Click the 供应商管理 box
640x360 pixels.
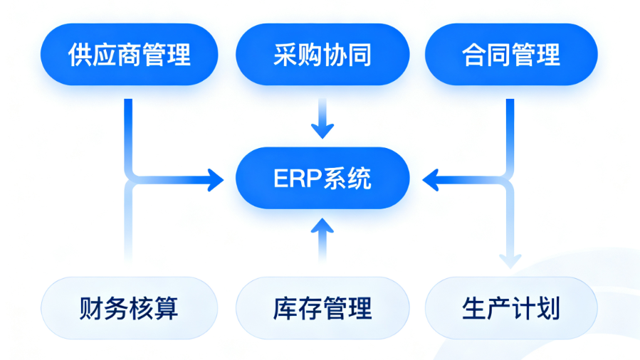(129, 54)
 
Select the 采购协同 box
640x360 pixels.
(322, 54)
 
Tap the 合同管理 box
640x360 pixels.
(511, 54)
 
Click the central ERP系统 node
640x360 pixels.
(322, 178)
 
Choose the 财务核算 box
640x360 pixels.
(129, 308)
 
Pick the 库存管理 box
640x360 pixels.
(322, 308)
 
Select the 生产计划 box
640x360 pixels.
(511, 308)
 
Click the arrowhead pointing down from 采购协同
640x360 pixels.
(322, 130)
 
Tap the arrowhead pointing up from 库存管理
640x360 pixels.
(322, 226)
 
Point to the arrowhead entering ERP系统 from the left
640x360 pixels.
(216, 180)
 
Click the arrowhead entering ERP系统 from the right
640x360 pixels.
(431, 180)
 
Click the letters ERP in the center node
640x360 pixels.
(298, 179)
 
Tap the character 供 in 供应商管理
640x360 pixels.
(80, 55)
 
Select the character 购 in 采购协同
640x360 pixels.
(310, 55)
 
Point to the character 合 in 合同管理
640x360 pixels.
(474, 55)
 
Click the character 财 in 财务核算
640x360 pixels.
(91, 308)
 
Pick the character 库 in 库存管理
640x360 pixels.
(285, 308)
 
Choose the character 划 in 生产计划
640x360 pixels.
(548, 308)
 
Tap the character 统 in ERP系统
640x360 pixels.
(360, 179)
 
